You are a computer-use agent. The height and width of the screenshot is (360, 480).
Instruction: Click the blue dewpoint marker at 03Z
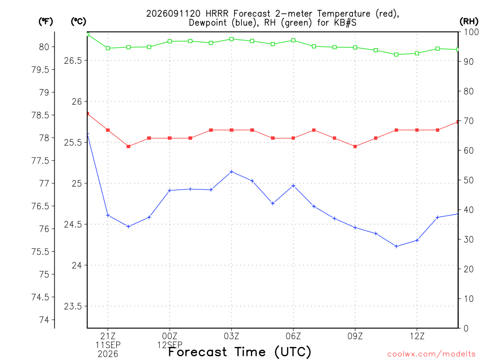[x=232, y=172]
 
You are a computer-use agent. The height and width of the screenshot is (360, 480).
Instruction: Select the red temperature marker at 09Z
[x=355, y=146]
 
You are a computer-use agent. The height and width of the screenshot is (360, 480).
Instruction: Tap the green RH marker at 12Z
[x=417, y=53]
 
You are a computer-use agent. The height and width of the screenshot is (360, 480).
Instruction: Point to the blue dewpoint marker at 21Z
[x=108, y=215]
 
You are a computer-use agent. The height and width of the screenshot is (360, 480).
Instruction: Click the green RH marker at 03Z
[x=232, y=39]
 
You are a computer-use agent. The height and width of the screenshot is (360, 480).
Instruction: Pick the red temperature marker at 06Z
[x=293, y=138]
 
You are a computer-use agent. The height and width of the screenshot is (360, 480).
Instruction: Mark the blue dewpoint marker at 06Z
[x=293, y=186]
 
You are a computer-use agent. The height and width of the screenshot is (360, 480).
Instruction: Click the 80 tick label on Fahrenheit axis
[x=44, y=47]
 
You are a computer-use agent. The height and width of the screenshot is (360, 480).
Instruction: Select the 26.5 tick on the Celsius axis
[x=73, y=60]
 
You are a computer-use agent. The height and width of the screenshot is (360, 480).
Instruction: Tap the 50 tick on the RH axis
[x=469, y=180]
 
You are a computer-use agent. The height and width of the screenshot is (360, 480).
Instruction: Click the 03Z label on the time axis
[x=232, y=337]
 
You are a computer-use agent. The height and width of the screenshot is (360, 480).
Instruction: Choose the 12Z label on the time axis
[x=417, y=337]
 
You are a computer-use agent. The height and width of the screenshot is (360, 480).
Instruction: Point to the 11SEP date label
[x=108, y=345]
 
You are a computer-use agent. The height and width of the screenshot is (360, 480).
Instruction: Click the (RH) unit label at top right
[x=469, y=22]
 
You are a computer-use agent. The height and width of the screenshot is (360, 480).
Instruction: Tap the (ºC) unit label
[x=78, y=22]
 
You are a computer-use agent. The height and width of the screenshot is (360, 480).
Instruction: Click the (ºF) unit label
[x=45, y=22]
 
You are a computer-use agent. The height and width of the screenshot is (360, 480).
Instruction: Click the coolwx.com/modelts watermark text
[x=431, y=354]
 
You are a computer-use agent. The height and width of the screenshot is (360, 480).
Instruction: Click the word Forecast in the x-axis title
[x=197, y=352]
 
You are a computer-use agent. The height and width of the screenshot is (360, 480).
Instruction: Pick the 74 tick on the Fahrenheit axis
[x=44, y=320]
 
